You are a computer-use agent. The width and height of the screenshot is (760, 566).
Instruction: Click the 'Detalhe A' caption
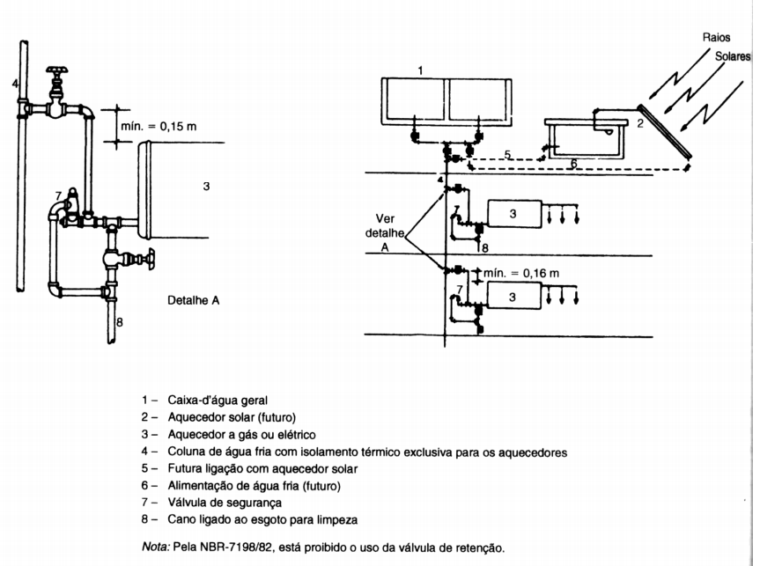coord(194,300)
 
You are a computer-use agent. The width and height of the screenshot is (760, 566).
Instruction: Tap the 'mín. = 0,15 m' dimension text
coord(159,127)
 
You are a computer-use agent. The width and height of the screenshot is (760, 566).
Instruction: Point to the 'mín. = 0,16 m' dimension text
coord(521,273)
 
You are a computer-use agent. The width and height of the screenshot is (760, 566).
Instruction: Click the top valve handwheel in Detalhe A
coord(57,70)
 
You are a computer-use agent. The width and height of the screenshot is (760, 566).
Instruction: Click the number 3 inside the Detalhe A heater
coord(206,186)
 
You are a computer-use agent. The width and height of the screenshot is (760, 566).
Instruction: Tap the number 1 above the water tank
coord(420,70)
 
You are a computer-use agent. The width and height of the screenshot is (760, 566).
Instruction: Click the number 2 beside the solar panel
coord(640,123)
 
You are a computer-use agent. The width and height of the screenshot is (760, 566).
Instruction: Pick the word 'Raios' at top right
coord(716,37)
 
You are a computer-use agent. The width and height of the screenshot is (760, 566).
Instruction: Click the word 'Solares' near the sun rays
coord(733,56)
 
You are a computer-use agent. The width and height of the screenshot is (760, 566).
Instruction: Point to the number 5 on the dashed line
coord(507,155)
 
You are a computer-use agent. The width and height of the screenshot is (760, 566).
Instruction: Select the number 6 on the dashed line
coord(574,164)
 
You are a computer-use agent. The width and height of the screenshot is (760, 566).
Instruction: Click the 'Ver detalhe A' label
coord(385,233)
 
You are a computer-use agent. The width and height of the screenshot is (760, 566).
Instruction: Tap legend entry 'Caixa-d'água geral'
coord(218,401)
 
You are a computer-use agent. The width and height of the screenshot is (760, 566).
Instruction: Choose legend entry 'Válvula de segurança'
coord(225,503)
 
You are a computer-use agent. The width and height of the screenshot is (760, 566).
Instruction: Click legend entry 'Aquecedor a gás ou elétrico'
coord(241,435)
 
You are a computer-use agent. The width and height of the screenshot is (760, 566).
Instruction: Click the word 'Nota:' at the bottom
coord(156,548)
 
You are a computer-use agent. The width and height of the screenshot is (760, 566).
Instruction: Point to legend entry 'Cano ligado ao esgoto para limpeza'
coord(262,520)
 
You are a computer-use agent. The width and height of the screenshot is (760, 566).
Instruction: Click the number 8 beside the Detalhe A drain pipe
coord(120,322)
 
